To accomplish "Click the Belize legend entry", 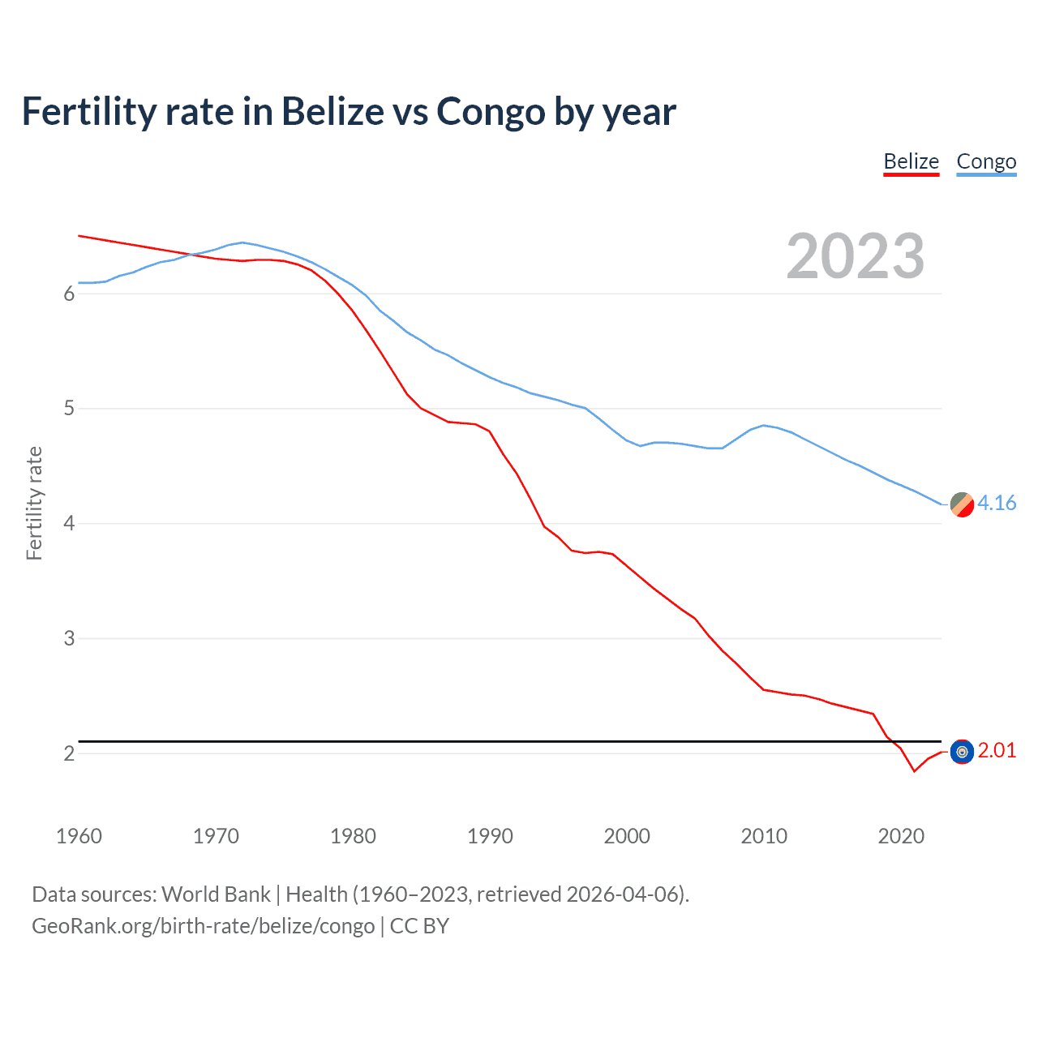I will [911, 162].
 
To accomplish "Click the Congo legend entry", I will [986, 162].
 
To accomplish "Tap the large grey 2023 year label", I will [856, 256].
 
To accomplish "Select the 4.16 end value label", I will [997, 504].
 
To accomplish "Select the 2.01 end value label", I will [997, 751].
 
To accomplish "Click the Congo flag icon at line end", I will [962, 504].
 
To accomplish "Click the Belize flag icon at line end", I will [962, 753].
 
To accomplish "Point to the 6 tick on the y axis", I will [69, 294].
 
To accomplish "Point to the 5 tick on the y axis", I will [69, 409].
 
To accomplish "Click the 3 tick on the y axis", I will [69, 638].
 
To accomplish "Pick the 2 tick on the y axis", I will [69, 753].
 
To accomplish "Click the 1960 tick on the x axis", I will [79, 836].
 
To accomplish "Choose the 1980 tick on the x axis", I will [353, 836].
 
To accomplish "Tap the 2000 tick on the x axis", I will [627, 836].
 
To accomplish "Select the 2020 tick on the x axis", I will [901, 836].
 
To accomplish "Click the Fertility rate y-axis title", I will [34, 503].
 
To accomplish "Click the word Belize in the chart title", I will [332, 112].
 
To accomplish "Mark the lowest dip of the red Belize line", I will [914, 770].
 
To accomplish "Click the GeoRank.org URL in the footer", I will [203, 926].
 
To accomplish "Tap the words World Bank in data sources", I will [216, 894].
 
